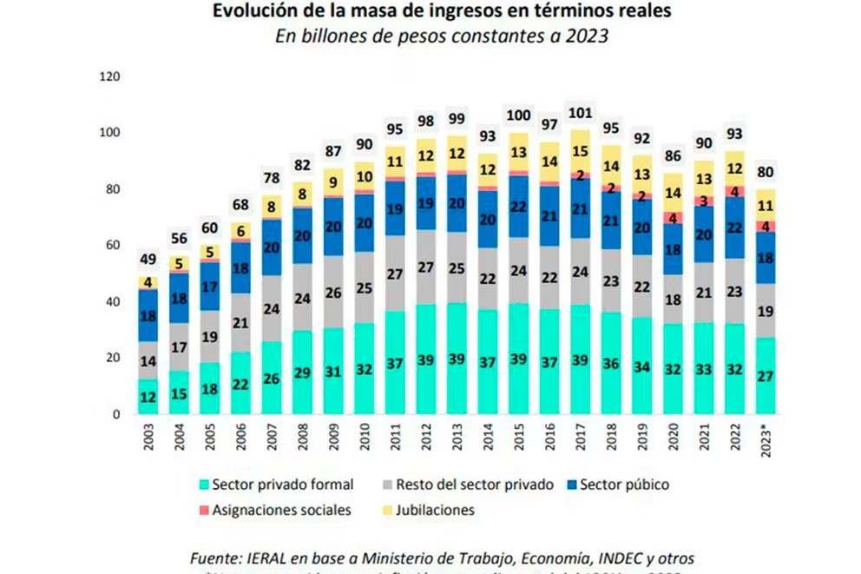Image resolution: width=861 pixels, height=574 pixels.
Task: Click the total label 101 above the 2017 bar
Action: pyautogui.click(x=580, y=113)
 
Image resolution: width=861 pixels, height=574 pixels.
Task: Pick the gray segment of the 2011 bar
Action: pyautogui.click(x=395, y=274)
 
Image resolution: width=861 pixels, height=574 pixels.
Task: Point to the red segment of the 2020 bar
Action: pyautogui.click(x=673, y=218)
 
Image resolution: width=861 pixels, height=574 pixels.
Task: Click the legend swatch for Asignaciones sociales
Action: pyautogui.click(x=204, y=511)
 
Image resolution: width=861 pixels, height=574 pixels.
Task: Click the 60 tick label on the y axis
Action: pyautogui.click(x=112, y=246)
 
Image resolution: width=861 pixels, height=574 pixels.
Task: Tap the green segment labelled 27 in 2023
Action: pyautogui.click(x=765, y=376)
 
